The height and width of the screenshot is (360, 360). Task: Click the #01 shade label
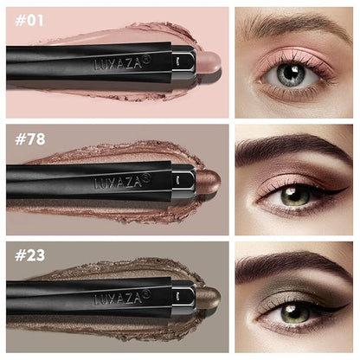[x=29, y=21]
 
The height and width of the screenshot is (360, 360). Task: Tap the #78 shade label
[x=30, y=139]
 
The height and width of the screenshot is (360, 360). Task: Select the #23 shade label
[x=29, y=255]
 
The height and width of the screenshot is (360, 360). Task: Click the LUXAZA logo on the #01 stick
[x=122, y=63]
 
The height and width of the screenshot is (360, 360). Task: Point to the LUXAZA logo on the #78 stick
[x=122, y=181]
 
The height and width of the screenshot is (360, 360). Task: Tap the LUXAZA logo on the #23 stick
[x=122, y=298]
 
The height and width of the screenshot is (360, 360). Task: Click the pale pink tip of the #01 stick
[x=209, y=63]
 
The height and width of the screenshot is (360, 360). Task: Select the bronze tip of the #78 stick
[x=209, y=181]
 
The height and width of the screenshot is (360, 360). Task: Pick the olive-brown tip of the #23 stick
[x=209, y=297]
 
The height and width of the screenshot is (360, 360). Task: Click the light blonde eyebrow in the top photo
[x=292, y=23]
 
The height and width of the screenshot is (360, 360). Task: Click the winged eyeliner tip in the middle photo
[x=347, y=188]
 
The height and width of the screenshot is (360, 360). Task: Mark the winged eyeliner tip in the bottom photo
[x=347, y=305]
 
